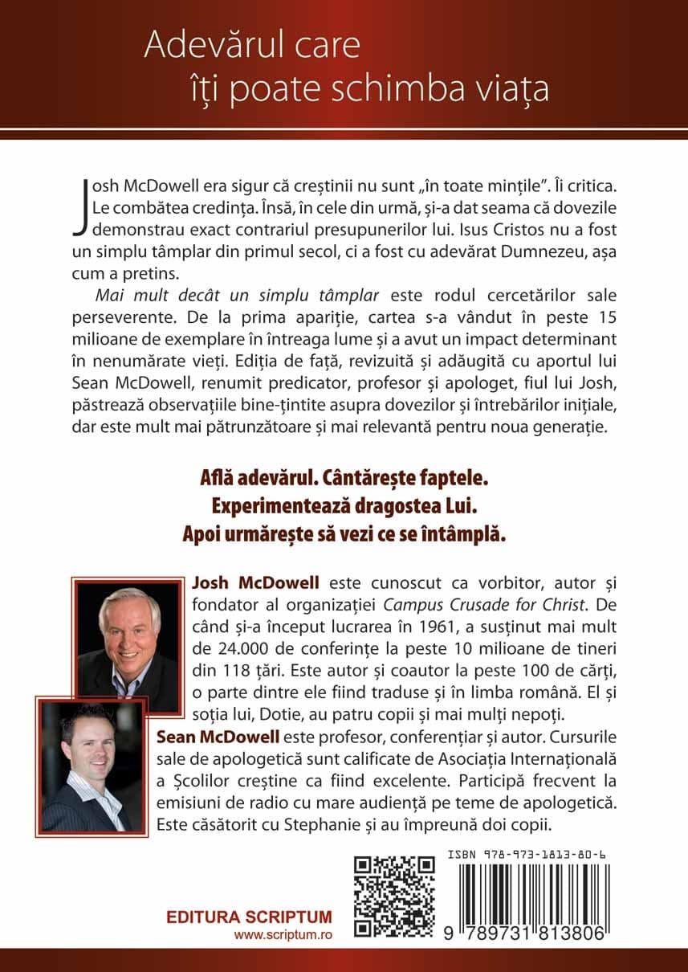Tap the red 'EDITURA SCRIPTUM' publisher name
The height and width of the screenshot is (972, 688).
[x=249, y=917]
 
